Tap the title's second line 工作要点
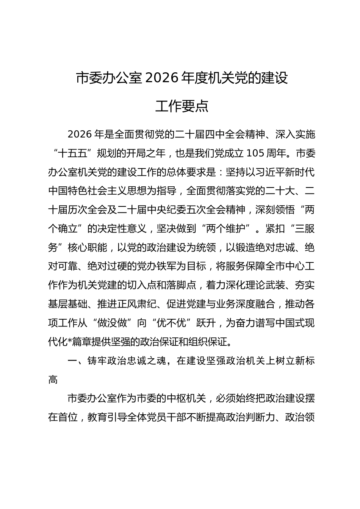tap(182, 106)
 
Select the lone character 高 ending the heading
tap(53, 379)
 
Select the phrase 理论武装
tap(265, 285)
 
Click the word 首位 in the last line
tap(68, 417)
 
